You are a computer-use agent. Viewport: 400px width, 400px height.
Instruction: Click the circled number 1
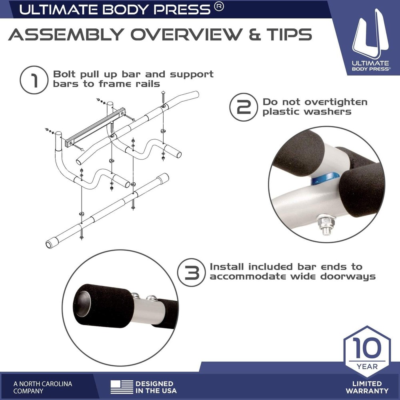[34, 80]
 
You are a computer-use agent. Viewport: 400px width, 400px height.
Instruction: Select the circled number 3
[191, 272]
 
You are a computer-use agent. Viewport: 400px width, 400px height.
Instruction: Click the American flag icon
[122, 387]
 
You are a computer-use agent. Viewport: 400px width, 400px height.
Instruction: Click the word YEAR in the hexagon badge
[367, 366]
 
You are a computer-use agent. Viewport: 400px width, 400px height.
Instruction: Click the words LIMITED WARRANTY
[367, 387]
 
